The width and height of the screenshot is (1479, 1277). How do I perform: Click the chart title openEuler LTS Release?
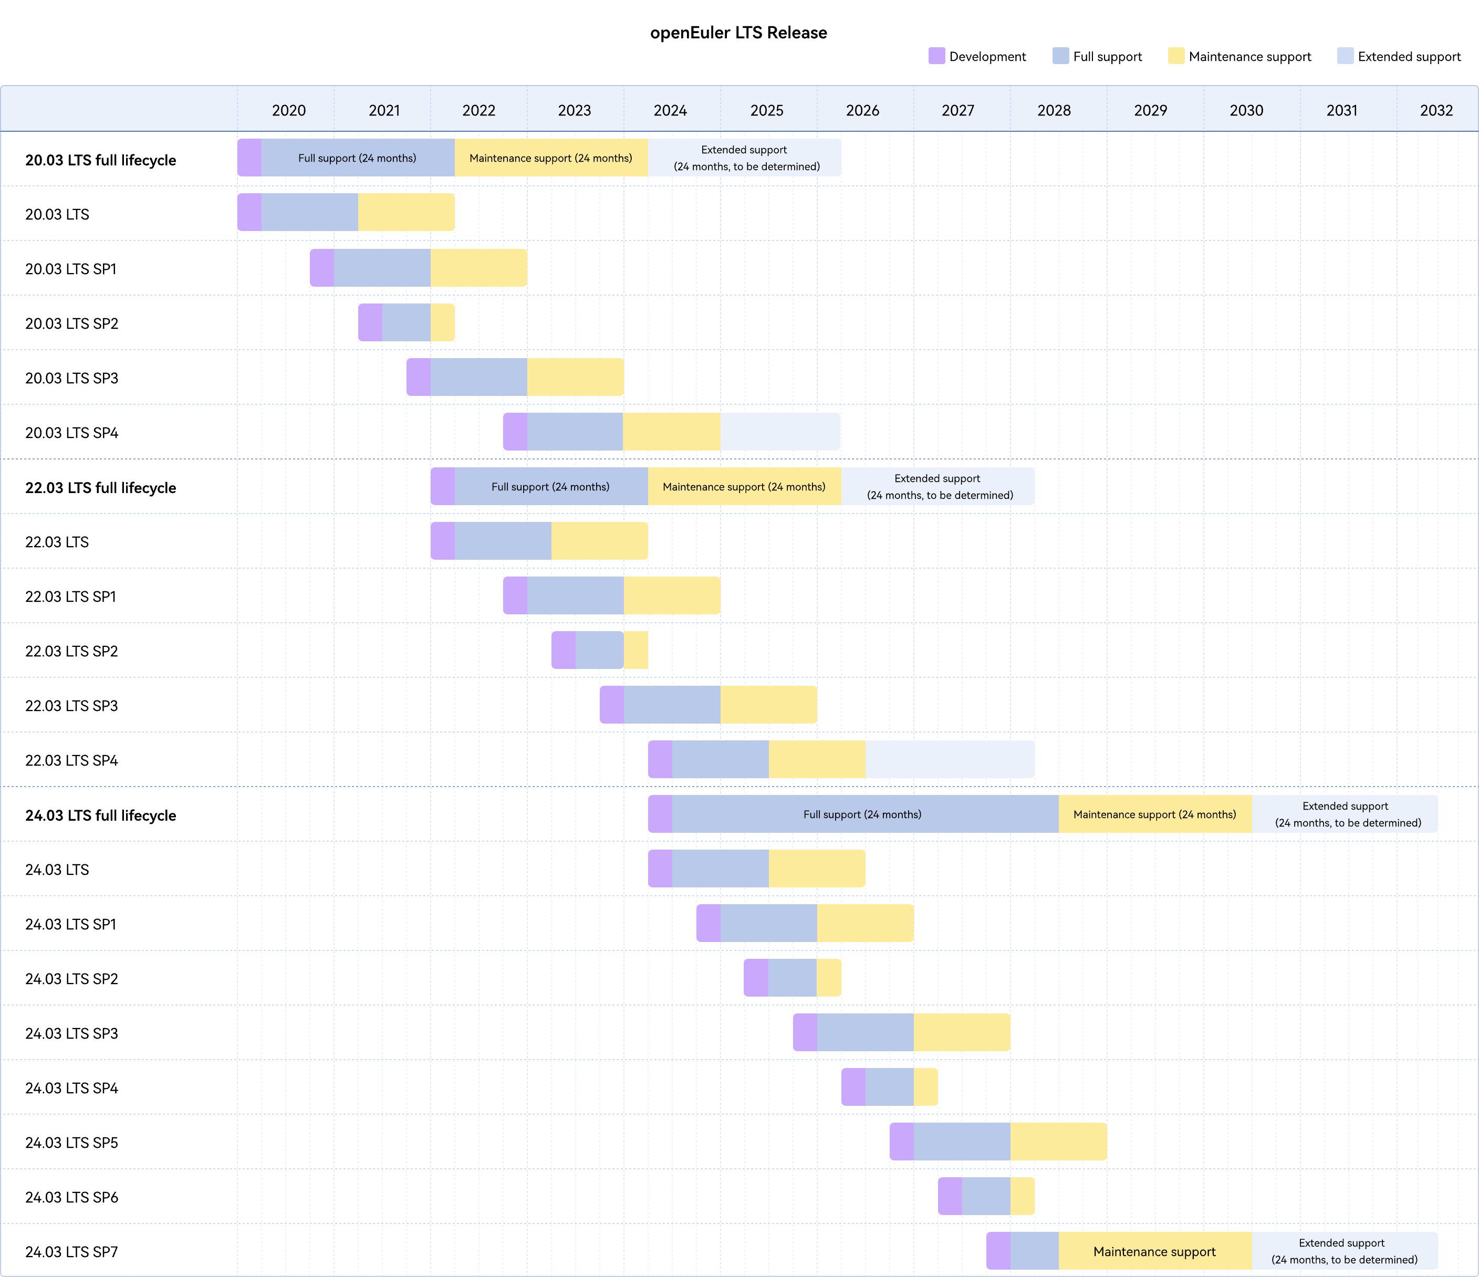(x=738, y=33)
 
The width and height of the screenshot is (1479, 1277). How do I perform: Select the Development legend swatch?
(x=936, y=56)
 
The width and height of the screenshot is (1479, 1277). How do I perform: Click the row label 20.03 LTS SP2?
(x=71, y=323)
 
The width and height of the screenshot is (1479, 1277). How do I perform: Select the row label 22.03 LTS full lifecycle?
(x=101, y=487)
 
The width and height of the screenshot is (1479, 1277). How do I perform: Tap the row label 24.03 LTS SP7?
(x=71, y=1251)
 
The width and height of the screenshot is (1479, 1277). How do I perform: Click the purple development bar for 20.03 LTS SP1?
(x=322, y=268)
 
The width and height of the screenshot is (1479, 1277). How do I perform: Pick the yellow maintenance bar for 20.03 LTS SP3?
(x=575, y=377)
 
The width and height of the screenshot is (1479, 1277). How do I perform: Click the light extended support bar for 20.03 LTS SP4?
(x=780, y=431)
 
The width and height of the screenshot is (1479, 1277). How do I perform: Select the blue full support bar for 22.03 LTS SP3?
(x=672, y=705)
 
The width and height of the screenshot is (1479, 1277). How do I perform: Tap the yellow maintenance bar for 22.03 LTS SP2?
(x=636, y=650)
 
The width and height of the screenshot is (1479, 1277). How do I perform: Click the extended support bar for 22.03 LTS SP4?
(x=950, y=759)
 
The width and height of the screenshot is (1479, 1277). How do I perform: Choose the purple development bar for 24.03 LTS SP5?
(x=902, y=1142)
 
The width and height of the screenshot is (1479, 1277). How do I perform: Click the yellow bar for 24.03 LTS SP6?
(x=1022, y=1196)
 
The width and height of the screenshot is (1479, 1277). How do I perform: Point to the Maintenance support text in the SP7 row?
(x=1154, y=1251)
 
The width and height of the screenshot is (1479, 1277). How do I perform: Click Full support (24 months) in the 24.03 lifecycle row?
(x=862, y=814)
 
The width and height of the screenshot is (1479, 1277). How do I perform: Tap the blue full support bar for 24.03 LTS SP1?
(x=768, y=923)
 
